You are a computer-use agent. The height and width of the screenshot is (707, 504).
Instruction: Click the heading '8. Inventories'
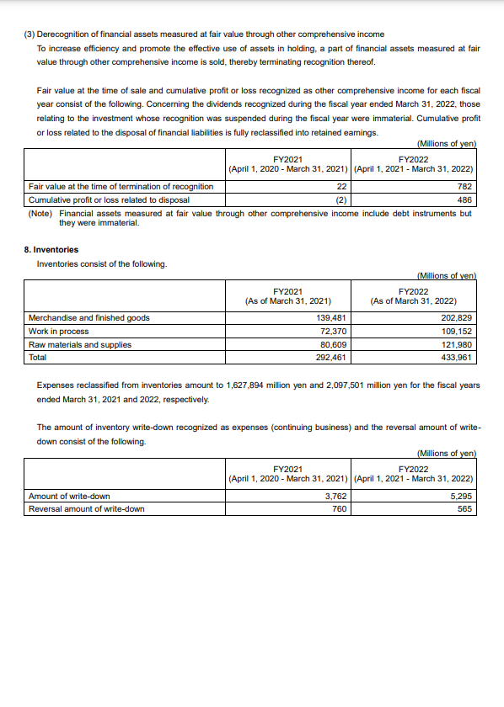point(51,249)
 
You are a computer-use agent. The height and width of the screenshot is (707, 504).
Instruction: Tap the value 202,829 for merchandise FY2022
point(456,318)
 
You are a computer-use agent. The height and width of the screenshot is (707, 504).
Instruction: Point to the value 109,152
point(456,331)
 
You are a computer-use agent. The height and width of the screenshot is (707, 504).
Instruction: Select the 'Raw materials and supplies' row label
point(79,344)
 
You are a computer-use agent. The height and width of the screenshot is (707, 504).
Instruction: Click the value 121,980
point(456,344)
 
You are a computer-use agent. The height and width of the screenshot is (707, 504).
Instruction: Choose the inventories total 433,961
point(456,357)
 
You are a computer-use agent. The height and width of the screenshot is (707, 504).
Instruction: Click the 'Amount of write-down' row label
point(69,496)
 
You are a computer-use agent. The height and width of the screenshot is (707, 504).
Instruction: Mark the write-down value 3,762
point(336,496)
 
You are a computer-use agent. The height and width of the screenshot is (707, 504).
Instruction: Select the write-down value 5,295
point(461,496)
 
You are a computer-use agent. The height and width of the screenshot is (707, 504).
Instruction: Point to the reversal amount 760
point(340,508)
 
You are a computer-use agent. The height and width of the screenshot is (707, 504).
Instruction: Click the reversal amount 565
point(464,508)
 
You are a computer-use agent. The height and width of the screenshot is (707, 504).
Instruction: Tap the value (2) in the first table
point(341,199)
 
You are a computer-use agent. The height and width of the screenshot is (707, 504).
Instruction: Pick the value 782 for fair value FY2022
point(464,186)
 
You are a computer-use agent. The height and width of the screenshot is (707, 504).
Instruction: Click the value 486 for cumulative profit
point(464,199)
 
